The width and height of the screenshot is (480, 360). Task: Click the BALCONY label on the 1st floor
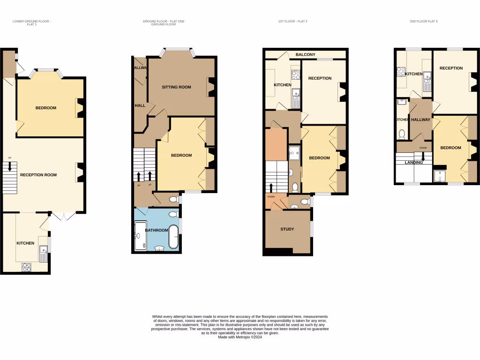click(x=305, y=55)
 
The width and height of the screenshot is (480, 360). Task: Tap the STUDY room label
click(x=287, y=229)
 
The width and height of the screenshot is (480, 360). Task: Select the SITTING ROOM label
click(x=176, y=87)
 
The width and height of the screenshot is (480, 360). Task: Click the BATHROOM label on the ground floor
click(x=156, y=230)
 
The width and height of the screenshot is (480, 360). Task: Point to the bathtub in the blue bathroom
click(x=173, y=237)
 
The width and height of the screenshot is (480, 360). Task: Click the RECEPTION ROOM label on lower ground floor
click(x=38, y=175)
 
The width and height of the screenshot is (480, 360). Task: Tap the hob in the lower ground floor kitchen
click(x=27, y=267)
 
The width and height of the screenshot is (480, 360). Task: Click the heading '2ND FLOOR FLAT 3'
click(x=423, y=22)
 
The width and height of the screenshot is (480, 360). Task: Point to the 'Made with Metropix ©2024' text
click(x=240, y=337)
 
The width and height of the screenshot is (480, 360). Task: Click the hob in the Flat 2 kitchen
click(x=296, y=74)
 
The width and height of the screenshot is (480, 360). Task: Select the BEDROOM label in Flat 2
click(x=319, y=158)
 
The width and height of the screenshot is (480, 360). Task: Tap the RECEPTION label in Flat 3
click(x=451, y=68)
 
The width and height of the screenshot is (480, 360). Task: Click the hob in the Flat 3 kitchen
click(x=401, y=72)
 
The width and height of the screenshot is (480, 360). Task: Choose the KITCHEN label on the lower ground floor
click(x=25, y=243)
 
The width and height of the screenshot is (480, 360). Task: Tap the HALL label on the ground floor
click(x=140, y=105)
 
